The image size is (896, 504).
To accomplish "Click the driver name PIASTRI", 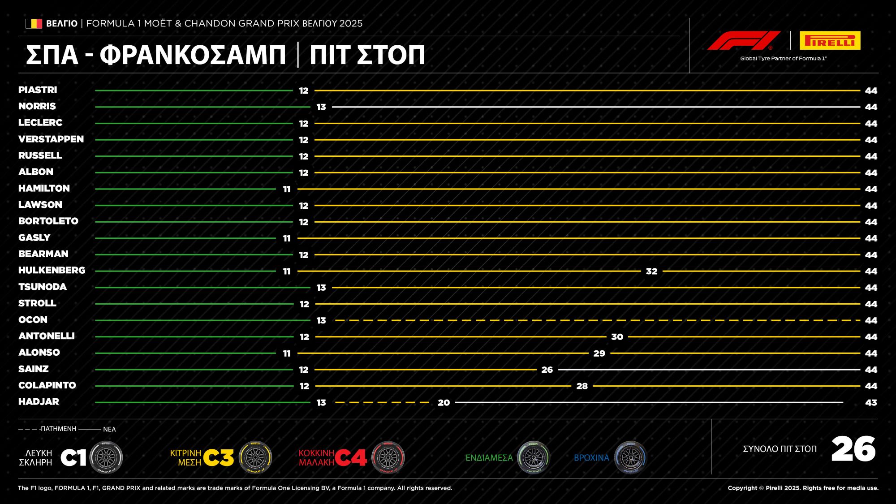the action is pyautogui.click(x=38, y=90).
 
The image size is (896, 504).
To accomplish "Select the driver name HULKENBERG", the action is pyautogui.click(x=52, y=271).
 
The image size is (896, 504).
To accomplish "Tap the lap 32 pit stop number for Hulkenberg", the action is pyautogui.click(x=652, y=271).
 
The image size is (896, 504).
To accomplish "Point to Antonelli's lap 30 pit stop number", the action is pyautogui.click(x=617, y=337).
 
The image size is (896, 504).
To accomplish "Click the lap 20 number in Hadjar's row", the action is pyautogui.click(x=444, y=403).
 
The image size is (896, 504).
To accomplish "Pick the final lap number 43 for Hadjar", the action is pyautogui.click(x=871, y=403).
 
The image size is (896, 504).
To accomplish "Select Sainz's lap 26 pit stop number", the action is pyautogui.click(x=547, y=370).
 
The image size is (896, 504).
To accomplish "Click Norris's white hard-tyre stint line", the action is pyautogui.click(x=596, y=107).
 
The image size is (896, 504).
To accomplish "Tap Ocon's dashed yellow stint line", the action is pyautogui.click(x=598, y=320).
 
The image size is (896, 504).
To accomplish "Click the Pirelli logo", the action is pyautogui.click(x=830, y=40).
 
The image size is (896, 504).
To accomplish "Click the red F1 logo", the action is pyautogui.click(x=744, y=40).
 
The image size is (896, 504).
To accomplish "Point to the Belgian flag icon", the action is pyautogui.click(x=34, y=23).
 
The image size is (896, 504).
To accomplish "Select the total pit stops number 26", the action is pyautogui.click(x=853, y=449).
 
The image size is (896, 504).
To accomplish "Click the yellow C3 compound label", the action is pyautogui.click(x=219, y=458).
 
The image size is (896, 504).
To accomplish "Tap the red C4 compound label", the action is pyautogui.click(x=351, y=458).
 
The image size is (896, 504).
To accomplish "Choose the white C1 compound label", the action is pyautogui.click(x=73, y=458).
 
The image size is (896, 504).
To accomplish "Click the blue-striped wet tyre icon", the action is pyautogui.click(x=630, y=457).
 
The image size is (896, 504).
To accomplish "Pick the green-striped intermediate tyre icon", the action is pyautogui.click(x=533, y=457).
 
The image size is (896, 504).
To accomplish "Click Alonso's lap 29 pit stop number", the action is pyautogui.click(x=599, y=353).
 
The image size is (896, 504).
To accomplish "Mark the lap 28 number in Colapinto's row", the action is pyautogui.click(x=582, y=386).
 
